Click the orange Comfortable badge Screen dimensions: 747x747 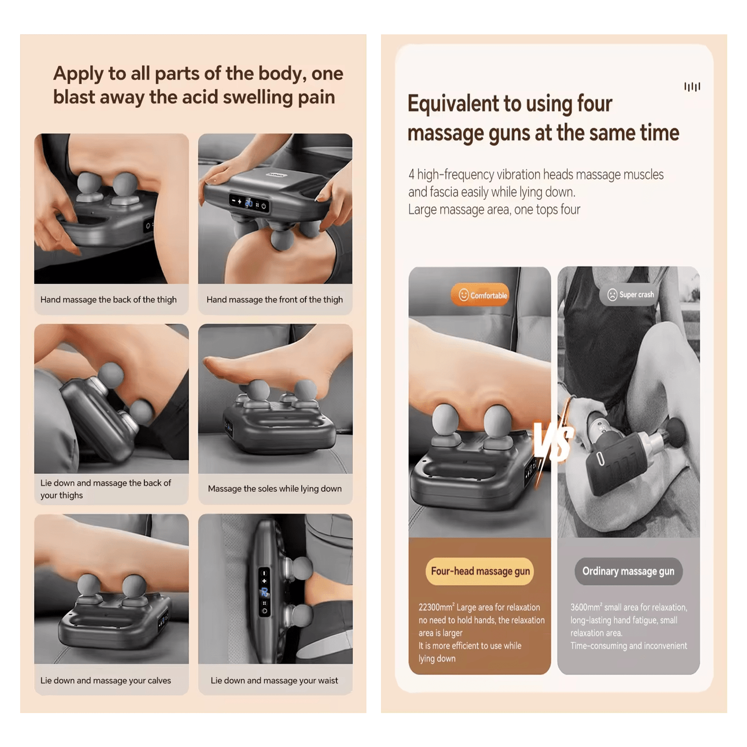480,295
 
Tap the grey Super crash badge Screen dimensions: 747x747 631,295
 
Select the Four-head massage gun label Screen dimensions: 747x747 480,571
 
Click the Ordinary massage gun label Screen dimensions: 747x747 628,571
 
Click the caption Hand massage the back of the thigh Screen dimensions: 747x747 108,300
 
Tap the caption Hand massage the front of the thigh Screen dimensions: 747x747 275,300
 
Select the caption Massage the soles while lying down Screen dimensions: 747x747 275,489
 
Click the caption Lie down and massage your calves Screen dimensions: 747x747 106,681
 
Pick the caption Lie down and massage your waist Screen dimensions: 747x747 274,681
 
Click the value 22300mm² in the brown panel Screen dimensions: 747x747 436,607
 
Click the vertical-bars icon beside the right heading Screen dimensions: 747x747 692,87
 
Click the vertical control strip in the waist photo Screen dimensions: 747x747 264,592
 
